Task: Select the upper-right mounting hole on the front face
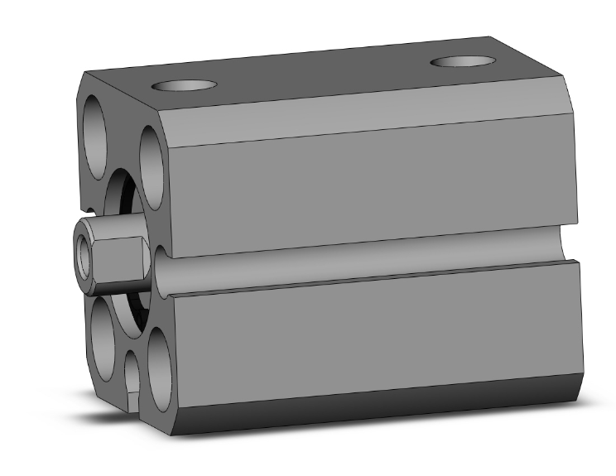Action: tap(153, 157)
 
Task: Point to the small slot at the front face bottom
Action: tap(132, 377)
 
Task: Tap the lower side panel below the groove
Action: tap(373, 339)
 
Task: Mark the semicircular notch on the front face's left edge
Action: tap(85, 207)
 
